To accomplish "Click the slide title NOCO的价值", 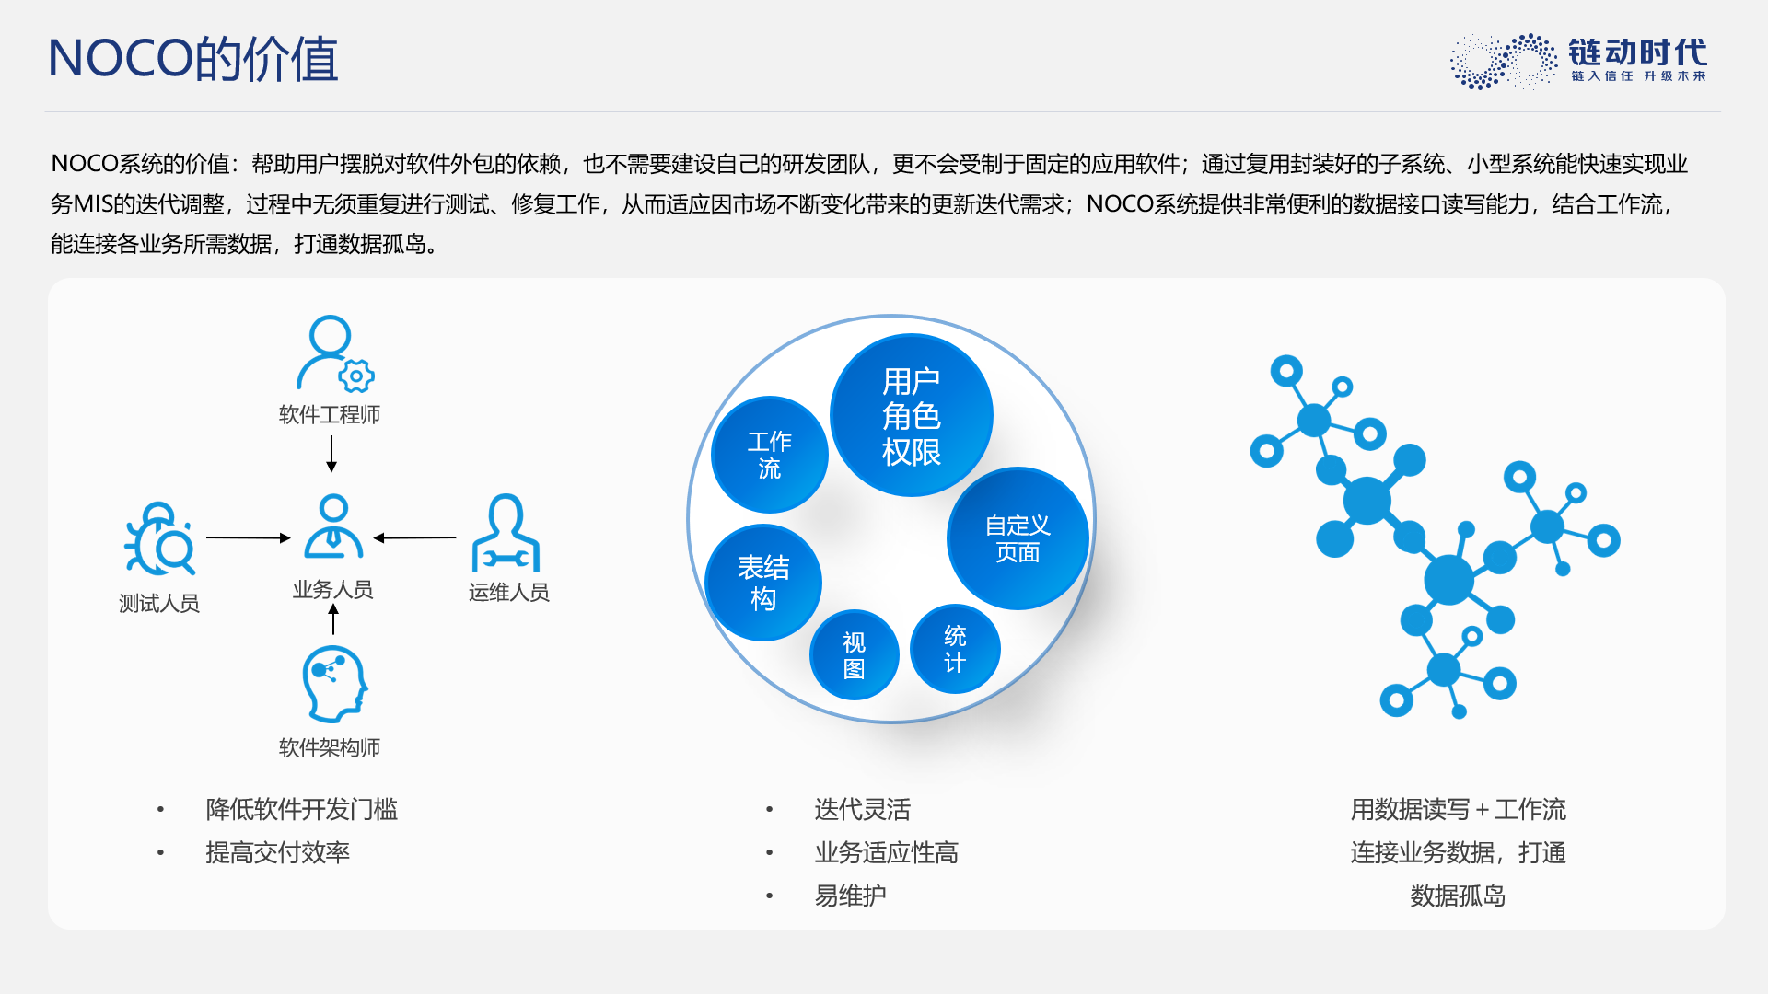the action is click(x=193, y=59).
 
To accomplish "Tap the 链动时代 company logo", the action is click(x=1578, y=61).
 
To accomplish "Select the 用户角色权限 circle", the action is click(x=912, y=415).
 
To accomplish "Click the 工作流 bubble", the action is click(x=770, y=455).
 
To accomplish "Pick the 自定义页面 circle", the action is click(x=1018, y=538).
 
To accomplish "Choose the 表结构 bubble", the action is click(x=763, y=583).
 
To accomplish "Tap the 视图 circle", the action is click(x=855, y=655).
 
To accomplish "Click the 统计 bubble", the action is click(x=955, y=649).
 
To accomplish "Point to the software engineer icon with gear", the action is click(x=334, y=353).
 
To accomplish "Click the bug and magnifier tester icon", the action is click(x=159, y=538).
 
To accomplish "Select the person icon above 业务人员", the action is click(x=333, y=526).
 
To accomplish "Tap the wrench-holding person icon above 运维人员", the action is click(x=506, y=533).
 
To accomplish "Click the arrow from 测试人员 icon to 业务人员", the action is click(x=249, y=537).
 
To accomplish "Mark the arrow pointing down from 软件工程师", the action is click(x=331, y=454).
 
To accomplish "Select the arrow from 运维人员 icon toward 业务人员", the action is click(x=414, y=537).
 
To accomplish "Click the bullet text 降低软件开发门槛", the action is click(x=302, y=810).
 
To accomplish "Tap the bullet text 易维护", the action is click(x=850, y=896).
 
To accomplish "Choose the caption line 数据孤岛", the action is click(x=1458, y=896).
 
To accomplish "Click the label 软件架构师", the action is click(x=330, y=747).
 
